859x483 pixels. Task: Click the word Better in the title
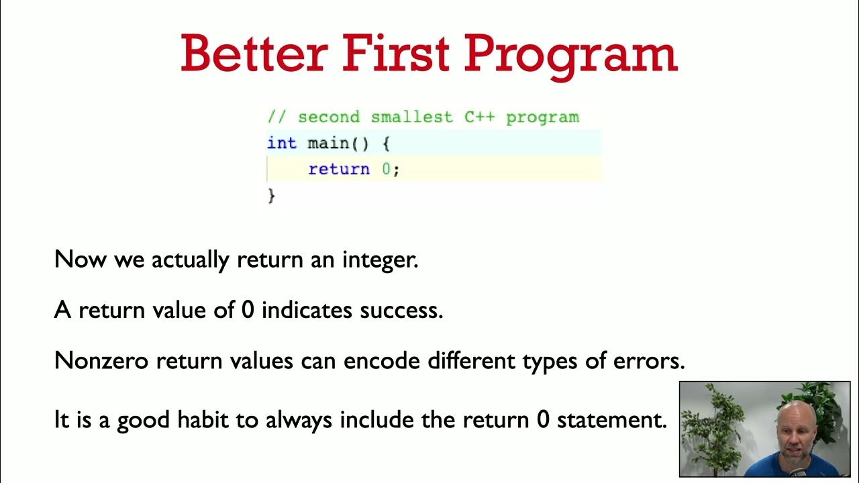tap(254, 54)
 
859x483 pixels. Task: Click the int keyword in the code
tap(281, 143)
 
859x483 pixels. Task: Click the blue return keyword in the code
tap(339, 169)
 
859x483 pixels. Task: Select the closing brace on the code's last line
tap(272, 195)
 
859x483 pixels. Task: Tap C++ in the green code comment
tap(480, 117)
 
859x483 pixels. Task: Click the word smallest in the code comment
tap(412, 117)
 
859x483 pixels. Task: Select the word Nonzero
tap(101, 361)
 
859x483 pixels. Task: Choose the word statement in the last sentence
tap(611, 421)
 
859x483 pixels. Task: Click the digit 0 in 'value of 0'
tap(247, 311)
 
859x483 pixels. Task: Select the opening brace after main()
tap(385, 143)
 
